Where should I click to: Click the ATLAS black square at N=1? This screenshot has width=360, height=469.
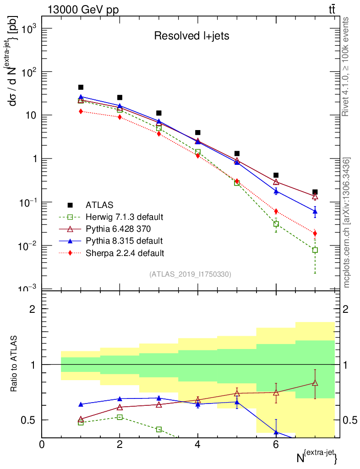(81, 87)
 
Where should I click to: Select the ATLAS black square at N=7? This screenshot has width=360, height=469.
(315, 192)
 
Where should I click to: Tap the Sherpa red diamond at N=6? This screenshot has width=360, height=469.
(276, 211)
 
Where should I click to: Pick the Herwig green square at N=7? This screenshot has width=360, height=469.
(315, 250)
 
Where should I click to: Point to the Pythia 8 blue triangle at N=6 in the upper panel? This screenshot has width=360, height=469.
(276, 191)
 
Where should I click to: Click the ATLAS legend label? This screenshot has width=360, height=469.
(99, 205)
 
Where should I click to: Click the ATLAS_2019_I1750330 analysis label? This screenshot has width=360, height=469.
(190, 274)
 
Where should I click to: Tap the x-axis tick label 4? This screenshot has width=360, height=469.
(198, 444)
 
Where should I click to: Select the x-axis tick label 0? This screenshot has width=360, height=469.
(42, 444)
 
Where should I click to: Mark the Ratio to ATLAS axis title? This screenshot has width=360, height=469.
(14, 365)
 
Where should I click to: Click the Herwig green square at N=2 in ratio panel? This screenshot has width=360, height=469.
(120, 417)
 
